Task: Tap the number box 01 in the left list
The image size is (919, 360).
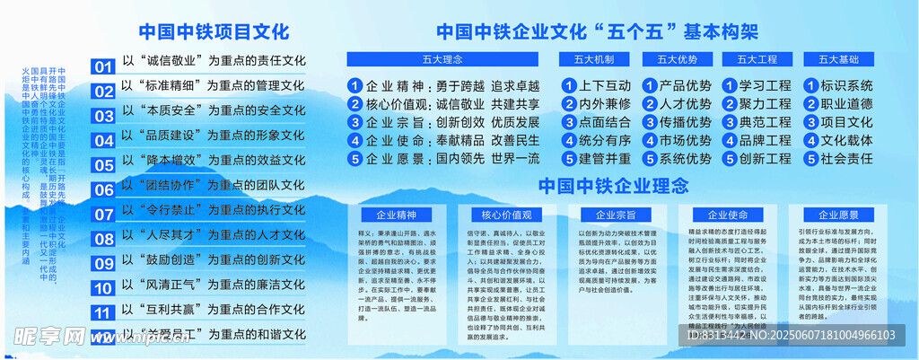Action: click(104, 66)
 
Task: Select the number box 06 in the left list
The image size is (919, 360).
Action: click(104, 190)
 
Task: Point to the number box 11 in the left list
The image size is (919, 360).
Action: click(104, 313)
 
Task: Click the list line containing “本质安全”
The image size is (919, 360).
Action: click(214, 110)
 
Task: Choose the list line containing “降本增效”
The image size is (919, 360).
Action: click(214, 160)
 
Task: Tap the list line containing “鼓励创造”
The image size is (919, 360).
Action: click(214, 259)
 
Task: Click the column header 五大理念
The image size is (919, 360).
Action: click(442, 60)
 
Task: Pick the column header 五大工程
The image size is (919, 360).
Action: click(757, 60)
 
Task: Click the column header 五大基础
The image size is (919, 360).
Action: click(838, 60)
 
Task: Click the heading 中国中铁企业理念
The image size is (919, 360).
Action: click(613, 186)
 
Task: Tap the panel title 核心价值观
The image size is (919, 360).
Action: click(506, 215)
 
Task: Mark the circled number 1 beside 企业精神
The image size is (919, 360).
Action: click(354, 86)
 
